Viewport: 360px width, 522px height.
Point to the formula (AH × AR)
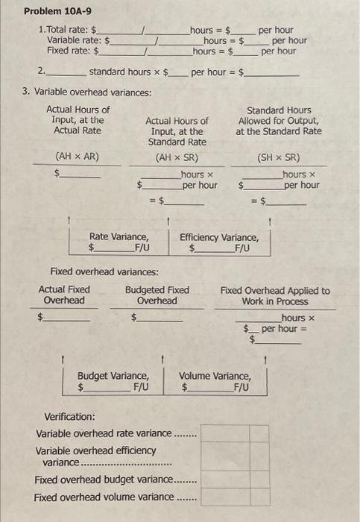pyautogui.click(x=78, y=157)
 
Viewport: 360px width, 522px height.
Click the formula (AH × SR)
pyautogui.click(x=177, y=157)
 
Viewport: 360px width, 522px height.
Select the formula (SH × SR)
pyautogui.click(x=278, y=157)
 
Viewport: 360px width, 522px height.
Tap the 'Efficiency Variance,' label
pyautogui.click(x=220, y=237)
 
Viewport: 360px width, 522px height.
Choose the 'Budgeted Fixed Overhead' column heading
pyautogui.click(x=157, y=295)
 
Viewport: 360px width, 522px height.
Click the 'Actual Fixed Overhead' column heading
pyautogui.click(x=64, y=295)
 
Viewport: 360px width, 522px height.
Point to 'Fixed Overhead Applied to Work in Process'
pyautogui.click(x=275, y=296)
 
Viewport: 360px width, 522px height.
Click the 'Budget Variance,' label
pyautogui.click(x=113, y=376)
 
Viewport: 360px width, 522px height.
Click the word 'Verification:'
pyautogui.click(x=70, y=416)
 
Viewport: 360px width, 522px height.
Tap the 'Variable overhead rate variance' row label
pyautogui.click(x=104, y=433)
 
